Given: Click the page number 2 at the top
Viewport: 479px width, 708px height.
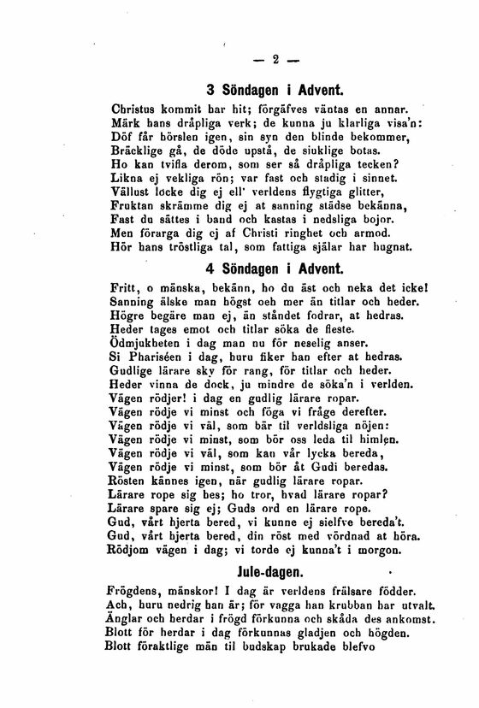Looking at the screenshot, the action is pos(276,59).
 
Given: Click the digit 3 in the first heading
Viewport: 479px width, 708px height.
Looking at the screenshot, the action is pos(211,90).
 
